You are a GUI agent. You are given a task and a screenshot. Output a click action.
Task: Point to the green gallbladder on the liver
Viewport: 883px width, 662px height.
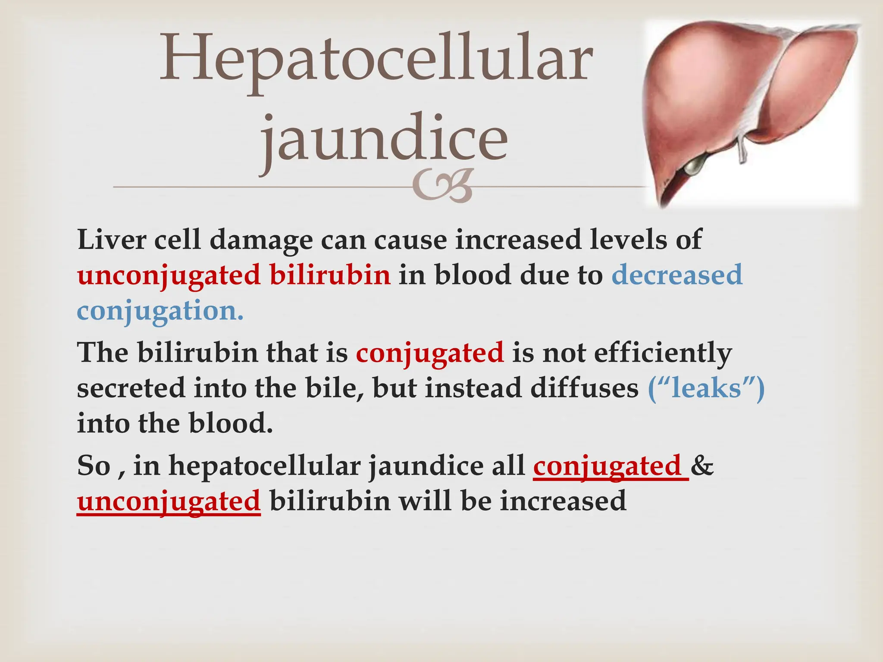[695, 165]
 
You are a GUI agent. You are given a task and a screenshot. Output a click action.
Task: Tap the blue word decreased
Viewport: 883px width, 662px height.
[677, 275]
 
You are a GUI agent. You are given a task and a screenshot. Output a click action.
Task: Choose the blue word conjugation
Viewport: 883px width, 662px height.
[160, 310]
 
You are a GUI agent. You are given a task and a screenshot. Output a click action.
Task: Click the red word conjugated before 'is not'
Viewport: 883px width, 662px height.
[430, 353]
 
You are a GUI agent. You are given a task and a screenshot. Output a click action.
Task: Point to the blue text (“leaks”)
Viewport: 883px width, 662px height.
[706, 388]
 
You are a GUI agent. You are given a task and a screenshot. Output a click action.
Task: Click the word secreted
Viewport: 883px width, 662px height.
[131, 388]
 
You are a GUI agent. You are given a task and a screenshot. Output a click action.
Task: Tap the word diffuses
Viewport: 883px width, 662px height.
[584, 388]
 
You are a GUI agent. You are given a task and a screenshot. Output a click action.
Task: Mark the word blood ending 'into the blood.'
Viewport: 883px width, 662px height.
[231, 423]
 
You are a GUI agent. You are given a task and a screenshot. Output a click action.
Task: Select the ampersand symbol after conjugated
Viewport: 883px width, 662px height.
[702, 466]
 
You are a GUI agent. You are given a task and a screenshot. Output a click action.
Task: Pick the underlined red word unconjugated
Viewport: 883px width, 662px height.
[169, 502]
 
